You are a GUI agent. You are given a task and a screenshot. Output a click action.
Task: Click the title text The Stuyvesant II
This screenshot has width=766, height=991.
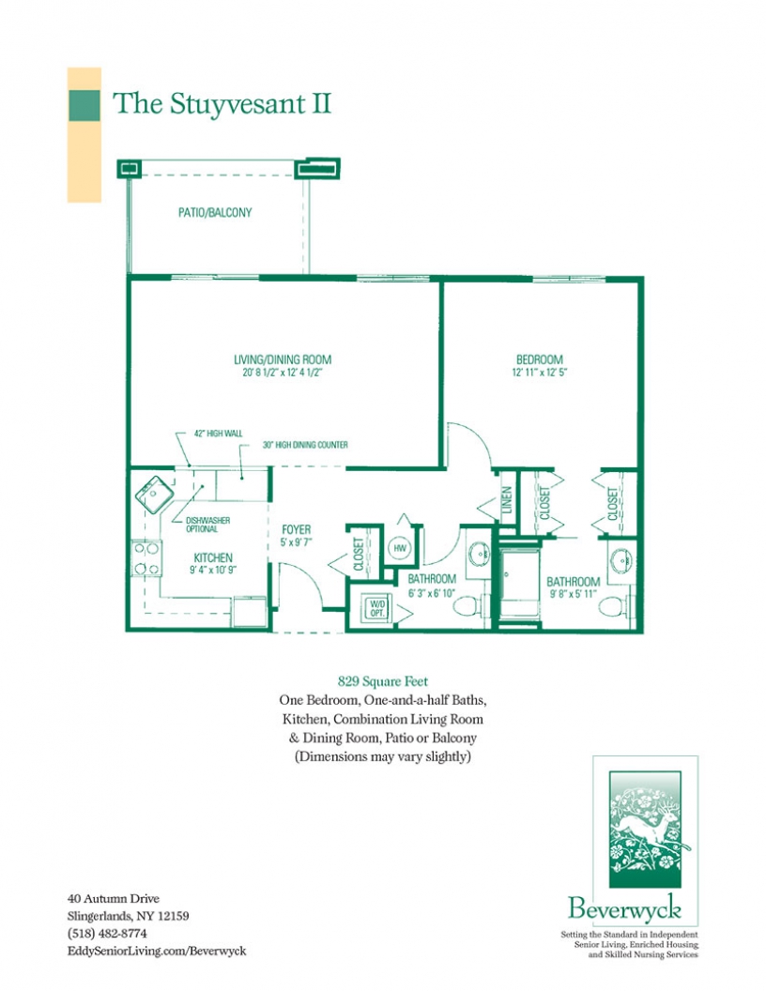click(222, 103)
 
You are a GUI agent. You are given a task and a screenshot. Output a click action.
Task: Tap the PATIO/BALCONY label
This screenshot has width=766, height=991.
click(215, 213)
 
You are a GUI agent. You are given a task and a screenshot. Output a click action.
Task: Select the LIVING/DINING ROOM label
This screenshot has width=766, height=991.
click(283, 359)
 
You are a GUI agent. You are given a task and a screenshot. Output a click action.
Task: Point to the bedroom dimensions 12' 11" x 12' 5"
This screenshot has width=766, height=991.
click(539, 373)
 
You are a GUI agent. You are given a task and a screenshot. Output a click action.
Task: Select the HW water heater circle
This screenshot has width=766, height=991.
click(399, 548)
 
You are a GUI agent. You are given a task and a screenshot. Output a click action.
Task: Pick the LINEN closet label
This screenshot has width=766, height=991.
click(507, 503)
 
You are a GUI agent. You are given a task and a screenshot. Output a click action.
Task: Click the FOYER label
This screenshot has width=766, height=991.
click(296, 530)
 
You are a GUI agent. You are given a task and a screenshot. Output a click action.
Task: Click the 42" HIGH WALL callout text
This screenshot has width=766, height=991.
click(218, 434)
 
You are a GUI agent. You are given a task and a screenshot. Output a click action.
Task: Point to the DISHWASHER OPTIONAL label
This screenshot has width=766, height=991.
click(207, 524)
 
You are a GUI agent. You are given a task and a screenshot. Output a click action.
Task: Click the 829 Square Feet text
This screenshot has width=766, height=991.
click(383, 682)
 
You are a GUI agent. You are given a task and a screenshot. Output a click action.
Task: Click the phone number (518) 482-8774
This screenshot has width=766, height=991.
click(108, 934)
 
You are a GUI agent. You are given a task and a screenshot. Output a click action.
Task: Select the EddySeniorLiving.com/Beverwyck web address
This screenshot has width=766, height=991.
click(157, 951)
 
